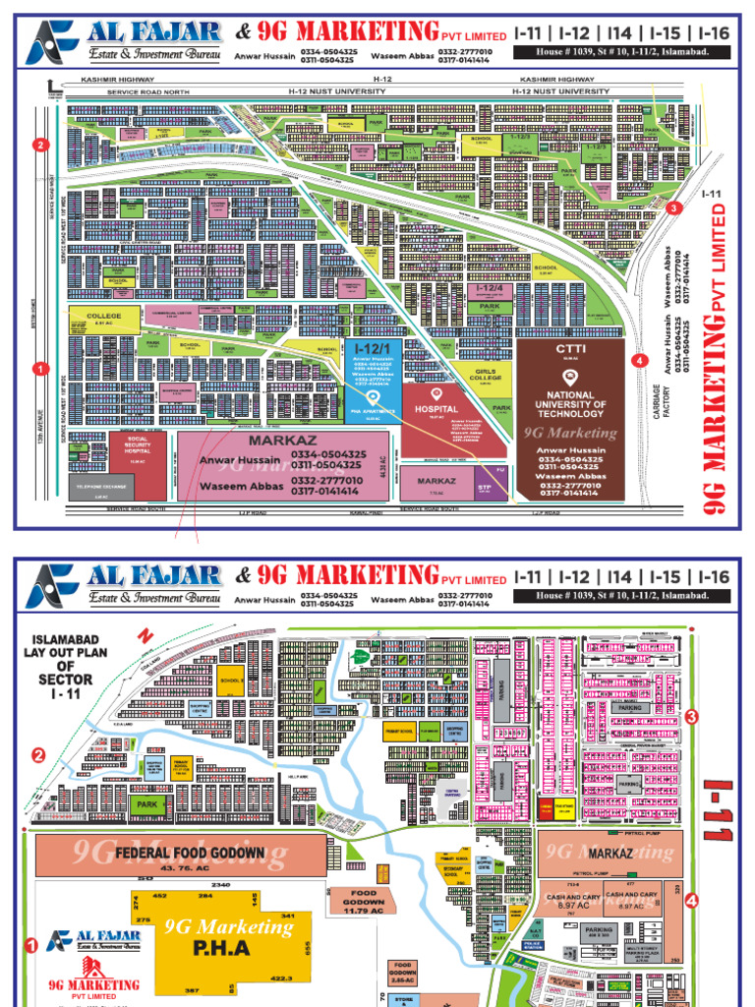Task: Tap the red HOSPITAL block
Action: (x=436, y=407)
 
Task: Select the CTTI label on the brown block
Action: (x=570, y=349)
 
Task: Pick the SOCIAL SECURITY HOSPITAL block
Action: (x=137, y=450)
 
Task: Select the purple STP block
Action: (x=484, y=488)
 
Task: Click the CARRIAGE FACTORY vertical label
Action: (x=662, y=395)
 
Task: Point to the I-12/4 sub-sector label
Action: (x=490, y=289)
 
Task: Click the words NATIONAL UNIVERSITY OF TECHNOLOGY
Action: (x=570, y=404)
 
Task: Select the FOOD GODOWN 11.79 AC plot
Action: (x=363, y=903)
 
